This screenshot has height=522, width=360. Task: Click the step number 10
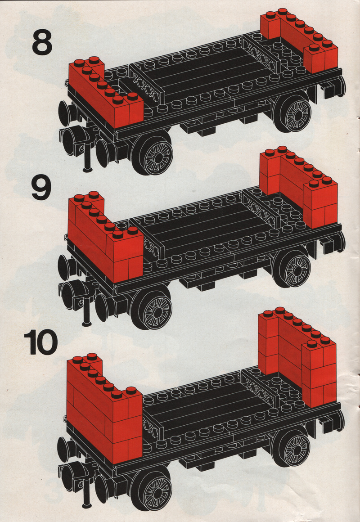pos(40,342)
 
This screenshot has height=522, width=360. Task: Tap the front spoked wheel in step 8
pos(152,154)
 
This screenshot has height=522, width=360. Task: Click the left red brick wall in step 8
pos(106,93)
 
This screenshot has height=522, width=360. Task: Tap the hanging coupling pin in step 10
pos(86,493)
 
